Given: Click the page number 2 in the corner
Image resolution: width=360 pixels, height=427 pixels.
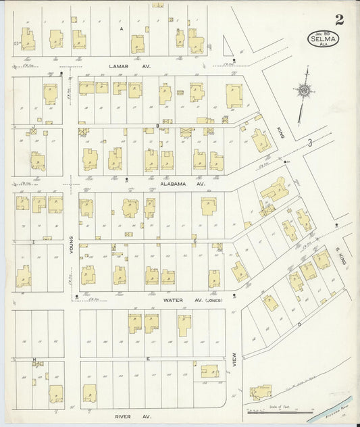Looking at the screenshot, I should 338,19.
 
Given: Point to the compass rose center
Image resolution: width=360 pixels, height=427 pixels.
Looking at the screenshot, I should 304,89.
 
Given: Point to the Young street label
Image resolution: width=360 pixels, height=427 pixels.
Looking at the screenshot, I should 70,247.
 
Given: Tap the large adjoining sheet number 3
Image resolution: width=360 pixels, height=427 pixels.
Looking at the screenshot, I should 309,142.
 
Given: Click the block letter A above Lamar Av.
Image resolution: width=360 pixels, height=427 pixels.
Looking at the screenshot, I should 121,29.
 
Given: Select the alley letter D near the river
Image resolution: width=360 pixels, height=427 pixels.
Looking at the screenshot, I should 299,324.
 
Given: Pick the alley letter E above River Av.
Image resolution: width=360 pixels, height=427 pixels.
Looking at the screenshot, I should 147,359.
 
